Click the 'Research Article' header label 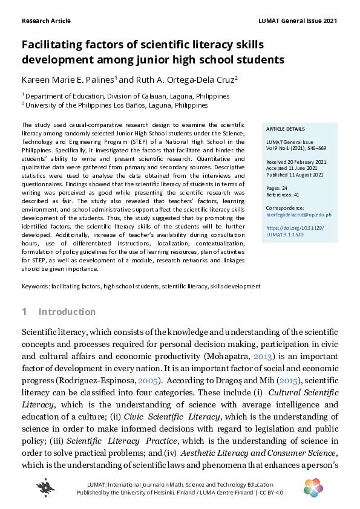point(46,21)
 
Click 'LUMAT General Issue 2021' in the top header point(297,21)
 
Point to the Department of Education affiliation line point(125,96)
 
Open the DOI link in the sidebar point(290,232)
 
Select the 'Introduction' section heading point(67,312)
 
